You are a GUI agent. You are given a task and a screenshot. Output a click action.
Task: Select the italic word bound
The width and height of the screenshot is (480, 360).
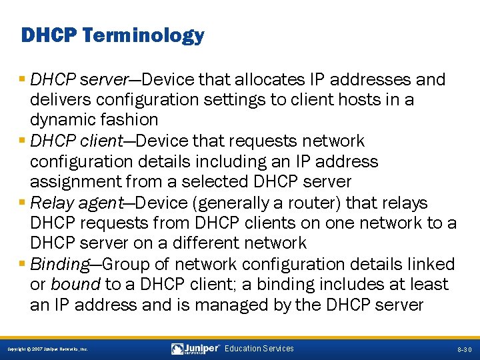75,285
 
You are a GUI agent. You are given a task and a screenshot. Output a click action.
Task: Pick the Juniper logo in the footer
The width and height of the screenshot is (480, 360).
195,349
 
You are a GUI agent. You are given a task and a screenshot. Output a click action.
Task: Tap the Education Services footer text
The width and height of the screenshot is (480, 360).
259,349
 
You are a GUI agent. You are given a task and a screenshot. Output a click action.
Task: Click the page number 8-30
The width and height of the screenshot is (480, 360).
465,349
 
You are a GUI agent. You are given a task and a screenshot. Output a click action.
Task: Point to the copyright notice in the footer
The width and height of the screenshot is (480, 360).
47,349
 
